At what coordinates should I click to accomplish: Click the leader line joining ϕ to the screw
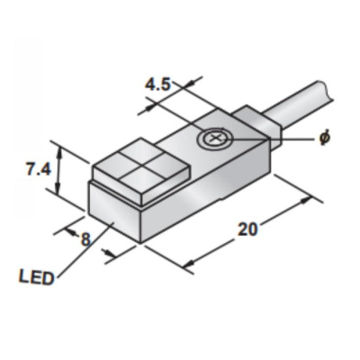tap(270, 139)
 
